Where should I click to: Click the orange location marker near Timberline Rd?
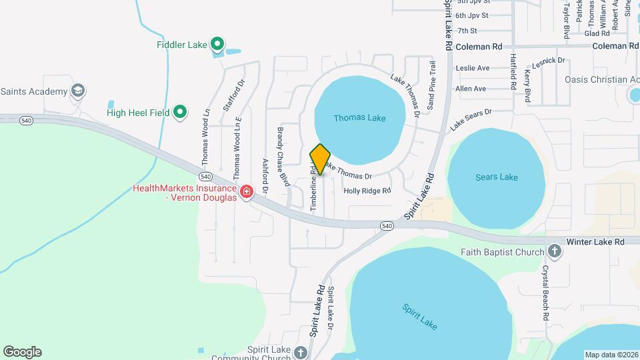pos(320,159)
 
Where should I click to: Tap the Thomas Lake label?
pos(359,118)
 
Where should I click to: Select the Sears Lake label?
pos(497,177)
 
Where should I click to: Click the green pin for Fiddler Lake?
pos(217,45)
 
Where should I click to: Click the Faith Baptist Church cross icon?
pos(553,252)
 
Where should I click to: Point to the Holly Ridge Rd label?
pos(367,191)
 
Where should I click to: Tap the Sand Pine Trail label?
pos(431,85)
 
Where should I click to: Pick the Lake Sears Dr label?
pos(470,119)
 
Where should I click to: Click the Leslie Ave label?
pos(472,68)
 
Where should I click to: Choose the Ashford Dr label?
pos(265,176)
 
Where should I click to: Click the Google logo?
pos(22,352)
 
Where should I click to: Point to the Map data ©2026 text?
pos(611,355)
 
